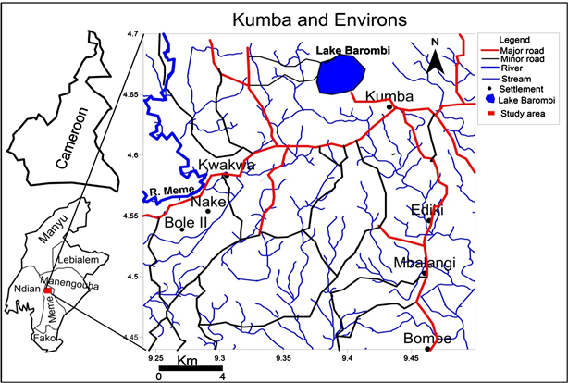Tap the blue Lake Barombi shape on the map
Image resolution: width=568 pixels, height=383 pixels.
pos(340,73)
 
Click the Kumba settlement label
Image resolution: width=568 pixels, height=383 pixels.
pos(388,96)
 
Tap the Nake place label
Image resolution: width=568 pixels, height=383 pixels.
pos(208,200)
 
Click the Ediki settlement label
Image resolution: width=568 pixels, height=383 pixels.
pos(426,211)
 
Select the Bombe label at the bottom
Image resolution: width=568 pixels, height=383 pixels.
pos(426,339)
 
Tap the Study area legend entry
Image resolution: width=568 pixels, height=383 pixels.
pos(517,114)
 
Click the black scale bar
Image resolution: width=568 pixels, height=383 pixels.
pos(190,369)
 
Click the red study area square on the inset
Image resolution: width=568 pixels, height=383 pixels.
pos(48,290)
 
